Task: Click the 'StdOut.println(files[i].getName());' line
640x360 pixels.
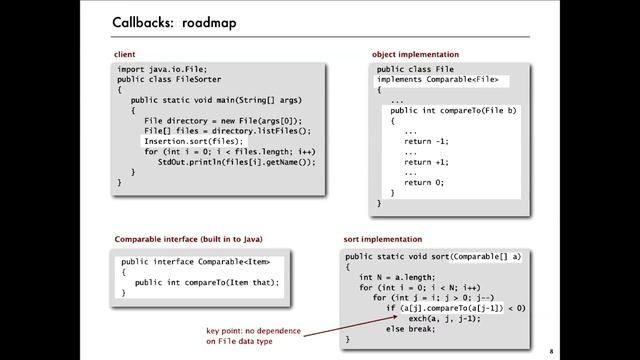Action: click(236, 162)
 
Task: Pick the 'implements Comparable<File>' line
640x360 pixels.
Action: click(436, 79)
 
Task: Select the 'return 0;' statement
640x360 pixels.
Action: click(424, 183)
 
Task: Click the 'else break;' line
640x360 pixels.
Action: click(410, 329)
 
